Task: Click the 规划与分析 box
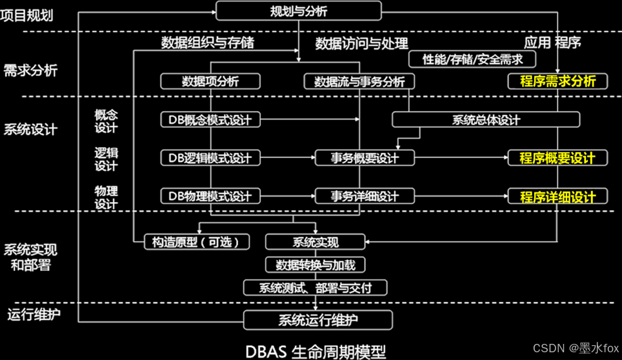point(298,11)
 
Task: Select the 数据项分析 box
point(210,81)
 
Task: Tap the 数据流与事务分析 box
point(359,81)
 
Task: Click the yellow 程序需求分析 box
point(557,81)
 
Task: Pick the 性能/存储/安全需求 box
point(473,59)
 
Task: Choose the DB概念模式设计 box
point(210,119)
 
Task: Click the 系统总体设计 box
point(485,119)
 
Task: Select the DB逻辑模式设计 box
point(210,157)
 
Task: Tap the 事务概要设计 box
point(365,157)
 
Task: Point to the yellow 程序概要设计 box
point(557,157)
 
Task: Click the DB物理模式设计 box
point(210,195)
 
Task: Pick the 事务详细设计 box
point(365,195)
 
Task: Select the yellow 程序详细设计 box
point(557,196)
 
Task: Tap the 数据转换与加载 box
point(316,265)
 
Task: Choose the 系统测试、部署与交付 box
point(316,287)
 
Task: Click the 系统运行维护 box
point(317,319)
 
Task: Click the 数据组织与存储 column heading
point(208,43)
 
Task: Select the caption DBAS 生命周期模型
point(316,351)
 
